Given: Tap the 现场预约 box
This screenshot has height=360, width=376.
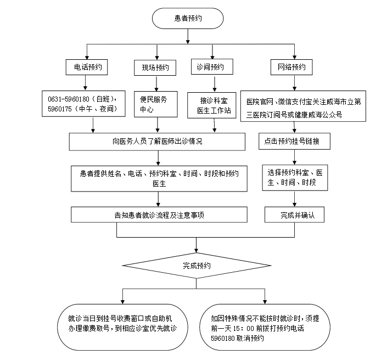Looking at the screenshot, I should point(156,67).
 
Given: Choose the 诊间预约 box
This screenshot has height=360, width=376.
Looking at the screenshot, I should point(211,67).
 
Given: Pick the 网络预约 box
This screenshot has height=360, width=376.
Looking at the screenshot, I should point(292,67).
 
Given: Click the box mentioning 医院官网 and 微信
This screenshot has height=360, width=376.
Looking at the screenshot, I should point(303,106).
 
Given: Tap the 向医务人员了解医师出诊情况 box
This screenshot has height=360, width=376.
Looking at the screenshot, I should point(157,142).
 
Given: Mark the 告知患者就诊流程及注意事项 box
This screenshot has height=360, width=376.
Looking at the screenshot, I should point(157,215).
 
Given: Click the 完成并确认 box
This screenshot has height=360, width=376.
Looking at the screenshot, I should point(294,215).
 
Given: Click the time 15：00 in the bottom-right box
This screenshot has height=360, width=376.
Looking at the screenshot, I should point(252,328).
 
